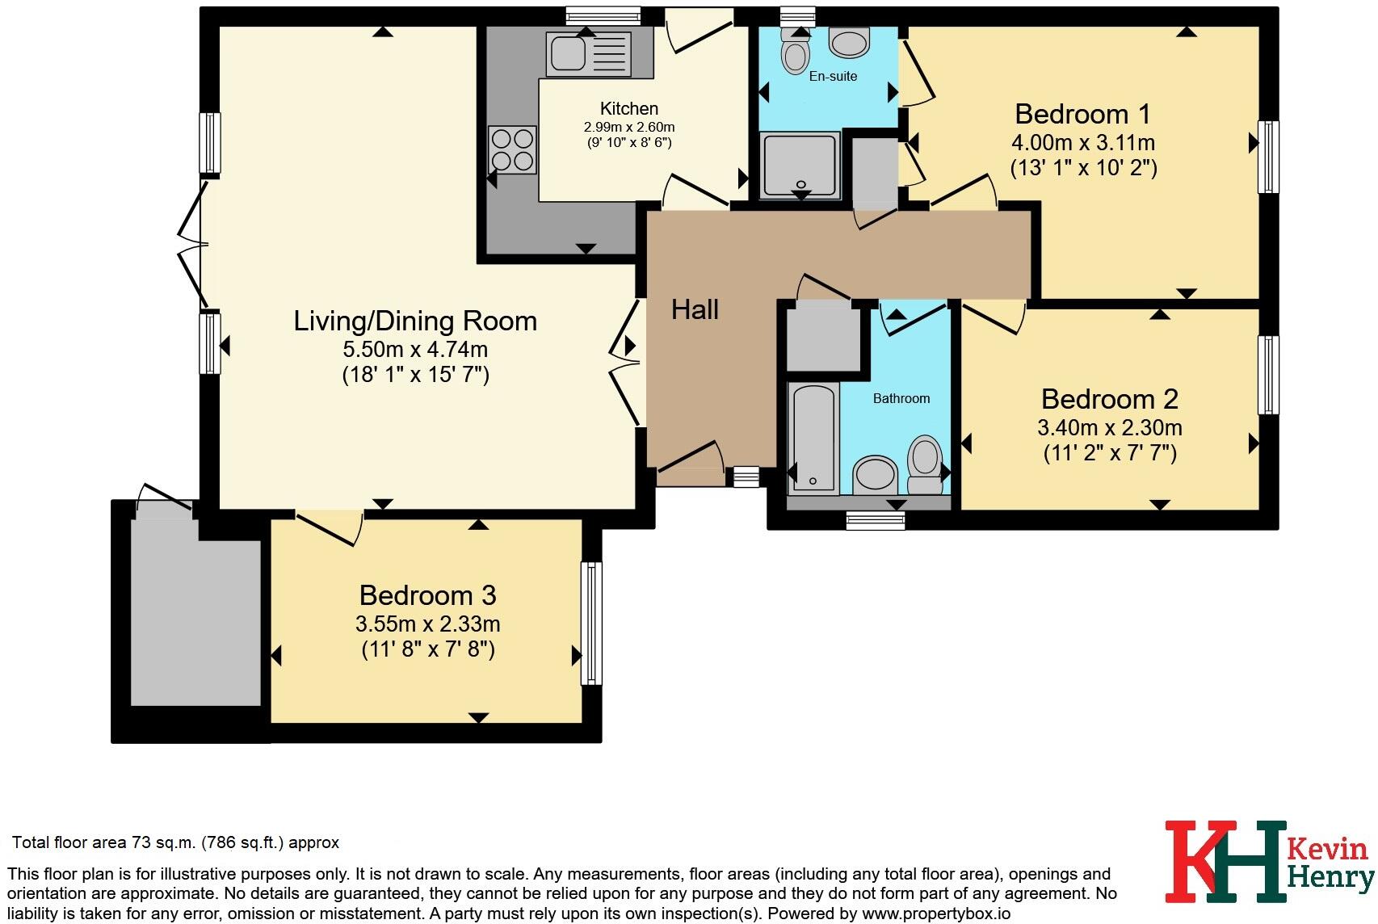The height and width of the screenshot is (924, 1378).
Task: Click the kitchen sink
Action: click(x=589, y=54)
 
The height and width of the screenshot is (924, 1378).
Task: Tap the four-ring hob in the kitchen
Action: click(x=512, y=149)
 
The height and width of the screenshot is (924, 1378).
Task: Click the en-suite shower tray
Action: click(x=800, y=165)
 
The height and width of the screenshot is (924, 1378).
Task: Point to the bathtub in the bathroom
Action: click(x=813, y=438)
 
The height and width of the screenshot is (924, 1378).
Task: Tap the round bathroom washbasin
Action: click(x=875, y=474)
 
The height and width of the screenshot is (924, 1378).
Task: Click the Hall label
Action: click(x=695, y=309)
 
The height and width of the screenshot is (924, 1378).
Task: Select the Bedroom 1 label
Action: click(x=1082, y=114)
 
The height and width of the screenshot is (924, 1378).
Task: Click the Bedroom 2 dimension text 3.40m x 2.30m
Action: click(x=1109, y=427)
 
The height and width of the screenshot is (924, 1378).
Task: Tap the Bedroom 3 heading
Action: click(x=427, y=595)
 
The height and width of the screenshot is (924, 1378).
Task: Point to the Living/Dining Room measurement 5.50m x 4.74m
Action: click(x=415, y=349)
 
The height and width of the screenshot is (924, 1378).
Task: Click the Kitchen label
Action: click(x=628, y=108)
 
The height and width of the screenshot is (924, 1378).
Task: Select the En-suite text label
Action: click(x=833, y=76)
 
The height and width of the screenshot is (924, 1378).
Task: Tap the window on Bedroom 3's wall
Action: click(x=591, y=624)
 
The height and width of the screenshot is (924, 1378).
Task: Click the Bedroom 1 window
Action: click(x=1268, y=157)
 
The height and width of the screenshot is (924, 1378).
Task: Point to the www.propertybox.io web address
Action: click(x=936, y=913)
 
